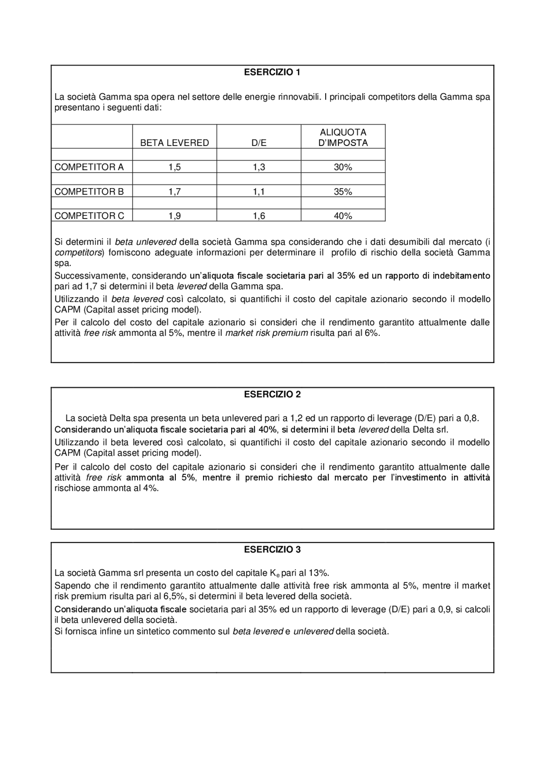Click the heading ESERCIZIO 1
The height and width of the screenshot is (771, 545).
(x=272, y=72)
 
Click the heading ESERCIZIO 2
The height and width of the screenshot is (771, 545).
(x=272, y=394)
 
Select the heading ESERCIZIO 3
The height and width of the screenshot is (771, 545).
(x=272, y=550)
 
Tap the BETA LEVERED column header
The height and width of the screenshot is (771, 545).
(x=175, y=143)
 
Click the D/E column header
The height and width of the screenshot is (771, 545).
(x=259, y=143)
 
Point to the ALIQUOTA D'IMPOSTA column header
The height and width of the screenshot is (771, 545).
(x=343, y=138)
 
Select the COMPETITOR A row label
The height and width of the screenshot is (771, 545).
(x=89, y=167)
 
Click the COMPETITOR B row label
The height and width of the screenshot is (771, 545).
(x=89, y=192)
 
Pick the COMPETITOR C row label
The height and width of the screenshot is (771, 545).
(x=89, y=216)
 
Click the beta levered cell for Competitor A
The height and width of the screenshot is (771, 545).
(x=175, y=167)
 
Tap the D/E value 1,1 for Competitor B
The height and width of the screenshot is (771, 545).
(x=259, y=192)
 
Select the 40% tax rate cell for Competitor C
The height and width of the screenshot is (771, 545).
(x=343, y=216)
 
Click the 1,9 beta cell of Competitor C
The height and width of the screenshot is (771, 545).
(x=175, y=216)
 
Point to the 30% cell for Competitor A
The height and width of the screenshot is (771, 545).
(x=343, y=167)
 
